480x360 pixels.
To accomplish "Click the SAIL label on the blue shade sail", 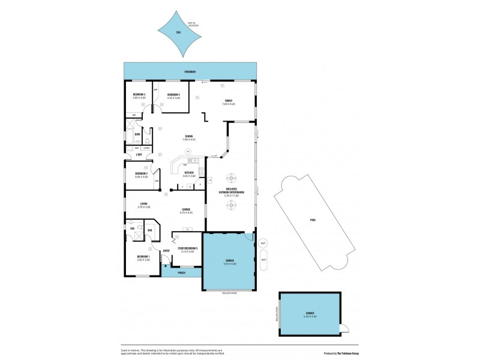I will pos(178,32).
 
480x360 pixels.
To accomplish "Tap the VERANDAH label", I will pos(190,72).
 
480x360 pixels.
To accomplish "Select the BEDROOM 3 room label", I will pos(139,95).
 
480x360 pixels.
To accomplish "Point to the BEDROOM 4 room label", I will pos(173,95).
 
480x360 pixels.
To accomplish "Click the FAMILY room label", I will pos(229,101).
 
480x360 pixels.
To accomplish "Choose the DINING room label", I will pos(189,137).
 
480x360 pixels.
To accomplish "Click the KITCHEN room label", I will pos(189,173).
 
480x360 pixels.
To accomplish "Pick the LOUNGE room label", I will pos(187,209).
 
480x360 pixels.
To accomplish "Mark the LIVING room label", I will pos(144,204).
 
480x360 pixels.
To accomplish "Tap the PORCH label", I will pos(181,272).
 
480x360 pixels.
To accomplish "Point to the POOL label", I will pos(313,220).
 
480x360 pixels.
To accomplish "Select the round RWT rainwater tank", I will pos(263,243).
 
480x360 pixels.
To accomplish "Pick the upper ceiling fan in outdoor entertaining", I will pos(231,178).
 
